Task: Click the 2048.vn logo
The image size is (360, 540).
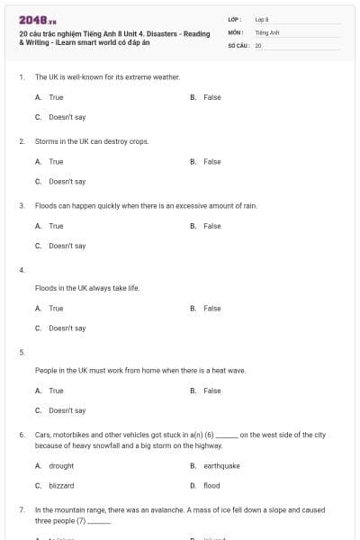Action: click(37, 19)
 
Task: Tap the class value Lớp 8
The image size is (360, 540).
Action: click(261, 19)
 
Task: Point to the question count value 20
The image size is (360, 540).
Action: click(258, 44)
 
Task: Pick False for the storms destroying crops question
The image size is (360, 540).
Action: click(211, 162)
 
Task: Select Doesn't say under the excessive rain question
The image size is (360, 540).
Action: click(67, 246)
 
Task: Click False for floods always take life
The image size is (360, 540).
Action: click(211, 309)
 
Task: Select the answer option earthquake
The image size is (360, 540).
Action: click(221, 466)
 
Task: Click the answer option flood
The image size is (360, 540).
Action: click(211, 486)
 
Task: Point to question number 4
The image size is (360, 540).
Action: click(21, 270)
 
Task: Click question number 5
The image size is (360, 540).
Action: click(21, 352)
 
